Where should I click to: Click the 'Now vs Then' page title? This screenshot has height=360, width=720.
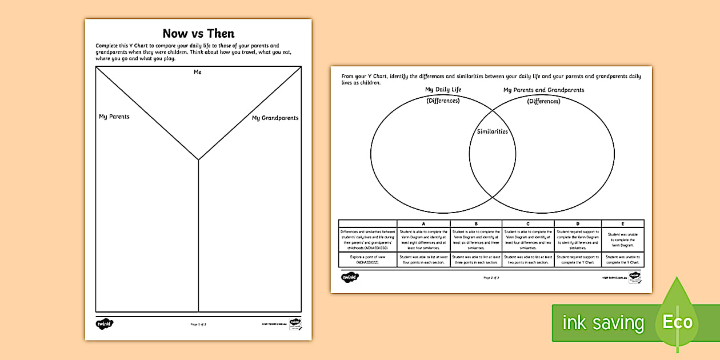[x=198, y=33]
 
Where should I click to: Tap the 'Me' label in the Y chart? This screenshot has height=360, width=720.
[x=198, y=72]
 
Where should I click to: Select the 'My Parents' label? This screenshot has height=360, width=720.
[x=114, y=117]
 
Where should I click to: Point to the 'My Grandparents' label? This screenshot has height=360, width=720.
[x=275, y=118]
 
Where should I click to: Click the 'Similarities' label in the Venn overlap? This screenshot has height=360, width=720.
[x=492, y=131]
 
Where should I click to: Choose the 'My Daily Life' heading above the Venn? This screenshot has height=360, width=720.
[x=443, y=90]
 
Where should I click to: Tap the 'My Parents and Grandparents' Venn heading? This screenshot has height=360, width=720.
[x=543, y=90]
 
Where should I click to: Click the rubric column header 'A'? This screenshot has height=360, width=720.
[x=423, y=224]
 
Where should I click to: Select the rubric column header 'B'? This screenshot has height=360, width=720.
[x=476, y=224]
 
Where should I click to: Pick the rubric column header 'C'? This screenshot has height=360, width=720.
[x=528, y=224]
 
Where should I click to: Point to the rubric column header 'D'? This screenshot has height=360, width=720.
[x=578, y=224]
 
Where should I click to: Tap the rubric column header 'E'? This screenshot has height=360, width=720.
[x=622, y=224]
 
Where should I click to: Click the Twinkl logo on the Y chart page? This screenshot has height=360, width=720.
[x=104, y=324]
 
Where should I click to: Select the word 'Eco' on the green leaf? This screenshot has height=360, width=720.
[x=677, y=322]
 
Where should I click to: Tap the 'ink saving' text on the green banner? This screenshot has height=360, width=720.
[x=603, y=323]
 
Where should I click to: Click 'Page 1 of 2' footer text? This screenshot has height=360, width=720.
[x=198, y=324]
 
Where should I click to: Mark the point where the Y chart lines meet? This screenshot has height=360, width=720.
[x=198, y=160]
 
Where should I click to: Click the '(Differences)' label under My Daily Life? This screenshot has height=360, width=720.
[x=443, y=101]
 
